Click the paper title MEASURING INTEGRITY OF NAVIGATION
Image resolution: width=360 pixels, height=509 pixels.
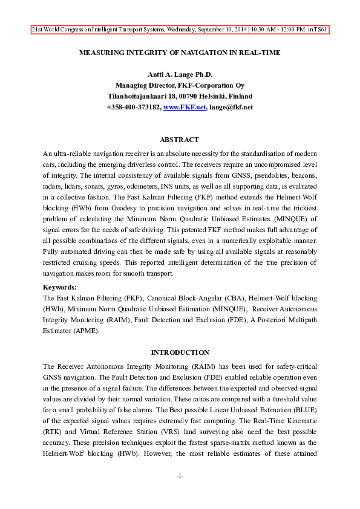pyautogui.click(x=180, y=53)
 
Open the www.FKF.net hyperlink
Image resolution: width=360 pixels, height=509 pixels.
pyautogui.click(x=184, y=107)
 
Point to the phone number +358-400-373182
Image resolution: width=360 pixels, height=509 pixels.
pyautogui.click(x=133, y=107)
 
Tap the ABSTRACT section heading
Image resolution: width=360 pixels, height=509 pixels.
pyautogui.click(x=180, y=140)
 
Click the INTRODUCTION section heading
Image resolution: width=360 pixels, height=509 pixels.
pyautogui.click(x=180, y=352)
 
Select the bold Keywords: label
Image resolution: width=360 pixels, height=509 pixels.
pyautogui.click(x=60, y=287)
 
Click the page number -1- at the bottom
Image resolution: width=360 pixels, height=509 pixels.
pyautogui.click(x=180, y=476)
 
